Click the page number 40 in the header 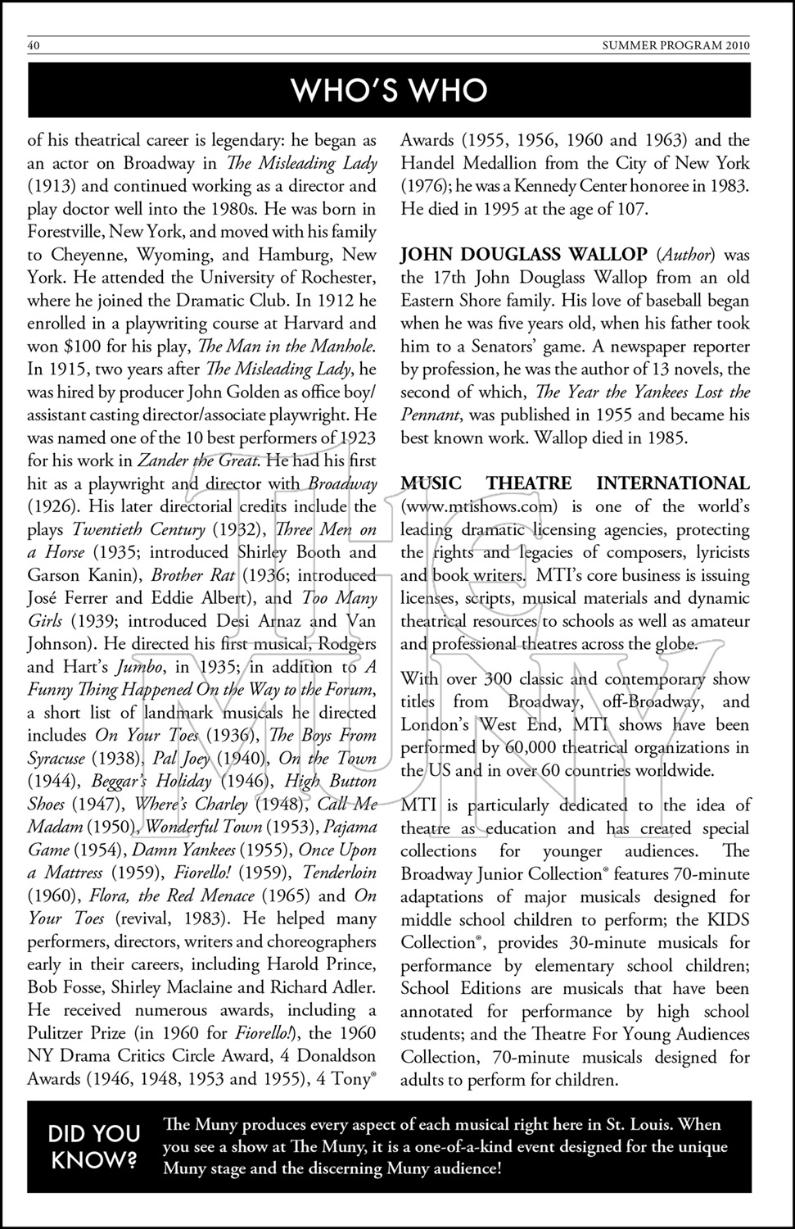(34, 46)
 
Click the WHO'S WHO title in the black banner (390, 90)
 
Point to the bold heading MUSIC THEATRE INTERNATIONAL (575, 483)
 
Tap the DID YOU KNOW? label (94, 1147)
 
